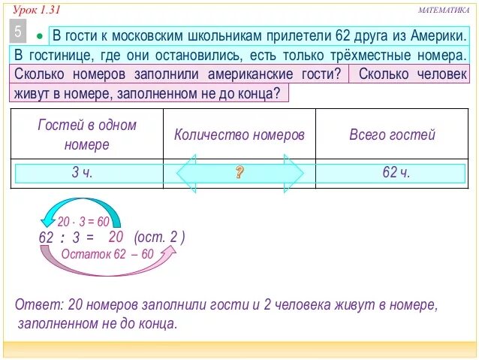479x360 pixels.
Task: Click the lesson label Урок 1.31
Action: coord(36,9)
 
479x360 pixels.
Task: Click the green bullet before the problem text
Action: coord(41,37)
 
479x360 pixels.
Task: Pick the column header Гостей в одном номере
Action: coord(87,134)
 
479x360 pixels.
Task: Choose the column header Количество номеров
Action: coord(239,135)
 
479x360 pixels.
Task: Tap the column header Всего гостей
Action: coord(392,135)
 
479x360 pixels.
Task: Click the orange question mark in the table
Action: coord(239,173)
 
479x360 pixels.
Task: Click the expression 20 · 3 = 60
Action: coord(83,222)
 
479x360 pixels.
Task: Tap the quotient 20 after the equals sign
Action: coord(116,236)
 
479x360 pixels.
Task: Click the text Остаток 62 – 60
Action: coord(107,253)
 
